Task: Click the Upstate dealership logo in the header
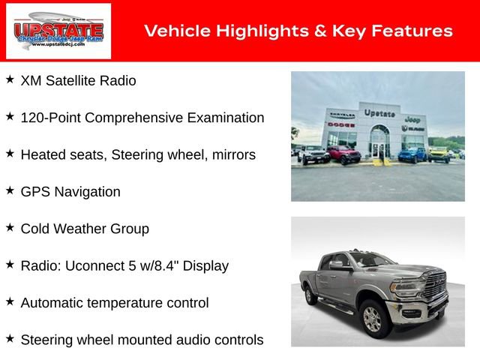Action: click(58, 31)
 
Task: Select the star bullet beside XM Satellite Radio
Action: click(10, 79)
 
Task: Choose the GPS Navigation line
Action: click(70, 192)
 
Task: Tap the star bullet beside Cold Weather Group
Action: click(10, 226)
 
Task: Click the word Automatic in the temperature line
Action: click(52, 303)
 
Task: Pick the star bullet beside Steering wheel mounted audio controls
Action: click(10, 338)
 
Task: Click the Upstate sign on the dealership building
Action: click(379, 112)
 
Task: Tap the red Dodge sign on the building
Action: click(341, 124)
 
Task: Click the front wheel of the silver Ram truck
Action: click(373, 319)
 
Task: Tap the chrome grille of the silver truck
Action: click(436, 289)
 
